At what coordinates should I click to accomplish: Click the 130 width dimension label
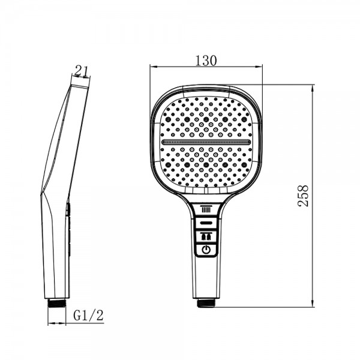[206, 61]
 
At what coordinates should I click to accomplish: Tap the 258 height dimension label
[303, 196]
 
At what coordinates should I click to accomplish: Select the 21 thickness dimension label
[82, 71]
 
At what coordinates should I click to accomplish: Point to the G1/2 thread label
[88, 315]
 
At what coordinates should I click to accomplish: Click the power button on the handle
[206, 250]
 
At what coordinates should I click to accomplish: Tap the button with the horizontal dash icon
[206, 223]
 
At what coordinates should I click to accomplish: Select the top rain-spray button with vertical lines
[206, 210]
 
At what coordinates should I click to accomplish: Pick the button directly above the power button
[206, 236]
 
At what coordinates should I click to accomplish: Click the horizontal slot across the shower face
[206, 142]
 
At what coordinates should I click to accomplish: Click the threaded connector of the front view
[206, 303]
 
